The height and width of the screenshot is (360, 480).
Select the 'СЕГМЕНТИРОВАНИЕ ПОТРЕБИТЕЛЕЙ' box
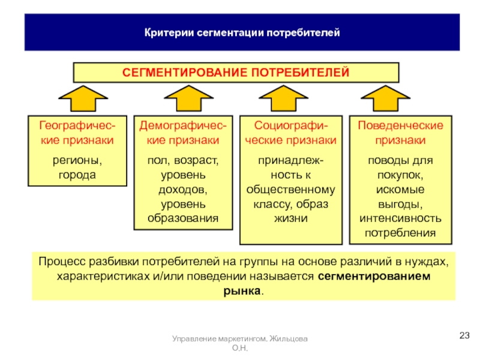click(236, 73)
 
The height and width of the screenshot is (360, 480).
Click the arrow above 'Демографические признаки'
click(182, 98)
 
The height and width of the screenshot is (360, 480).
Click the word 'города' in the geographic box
click(77, 175)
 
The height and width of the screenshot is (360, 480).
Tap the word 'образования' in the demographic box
click(183, 217)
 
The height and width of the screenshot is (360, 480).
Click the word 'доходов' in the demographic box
click(183, 190)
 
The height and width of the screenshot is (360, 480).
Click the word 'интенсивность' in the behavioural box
click(401, 217)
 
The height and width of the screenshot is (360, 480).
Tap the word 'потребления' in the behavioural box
click(401, 231)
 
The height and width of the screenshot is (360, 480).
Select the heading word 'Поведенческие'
click(401, 126)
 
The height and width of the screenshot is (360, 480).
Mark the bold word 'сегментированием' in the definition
click(374, 277)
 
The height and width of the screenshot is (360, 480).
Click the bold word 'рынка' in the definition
click(246, 291)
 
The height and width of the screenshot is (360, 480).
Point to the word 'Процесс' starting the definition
click(59, 263)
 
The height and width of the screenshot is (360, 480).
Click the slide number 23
click(464, 335)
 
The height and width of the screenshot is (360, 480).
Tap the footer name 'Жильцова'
click(290, 340)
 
